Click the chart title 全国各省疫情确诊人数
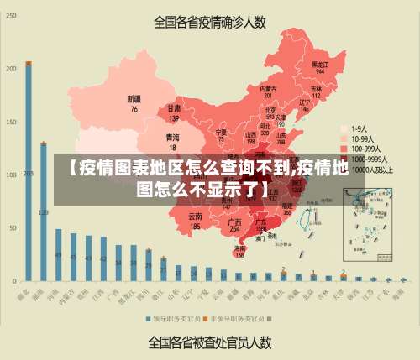211,23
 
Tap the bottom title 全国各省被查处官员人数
210,342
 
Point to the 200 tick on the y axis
11,68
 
